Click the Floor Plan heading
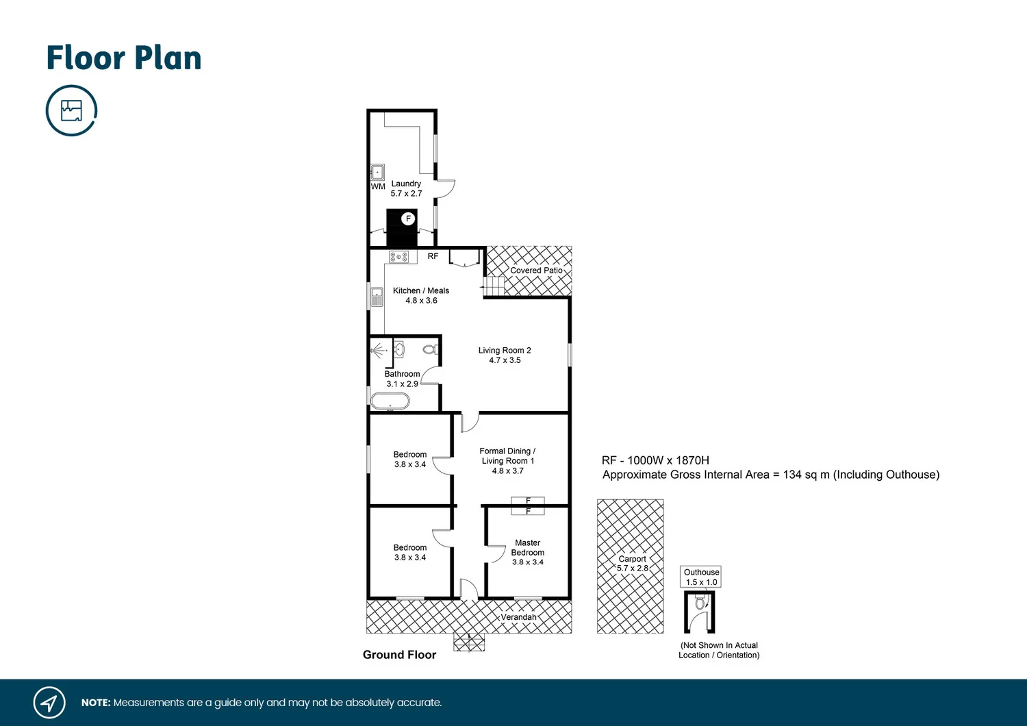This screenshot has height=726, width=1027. [x=124, y=58]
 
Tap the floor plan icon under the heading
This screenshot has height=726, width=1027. [x=71, y=110]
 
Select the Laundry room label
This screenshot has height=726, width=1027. [x=406, y=184]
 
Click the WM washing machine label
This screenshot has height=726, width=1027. [x=378, y=186]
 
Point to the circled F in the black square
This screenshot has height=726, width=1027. [x=408, y=218]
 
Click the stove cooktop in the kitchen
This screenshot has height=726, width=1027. [x=398, y=257]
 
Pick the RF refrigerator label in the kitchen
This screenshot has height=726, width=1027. [x=433, y=256]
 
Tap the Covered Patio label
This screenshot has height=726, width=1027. [x=536, y=271]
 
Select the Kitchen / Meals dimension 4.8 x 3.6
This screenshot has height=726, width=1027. [x=421, y=301]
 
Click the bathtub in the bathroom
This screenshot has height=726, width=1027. [x=390, y=401]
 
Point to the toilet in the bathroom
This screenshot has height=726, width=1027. [x=429, y=350]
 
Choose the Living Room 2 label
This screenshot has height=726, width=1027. [x=505, y=350]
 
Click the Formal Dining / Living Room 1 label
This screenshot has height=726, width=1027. [x=507, y=455]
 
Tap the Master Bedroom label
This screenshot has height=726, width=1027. [x=528, y=547]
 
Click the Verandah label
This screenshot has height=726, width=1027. [x=518, y=617]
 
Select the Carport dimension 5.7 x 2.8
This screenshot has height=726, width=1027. [x=633, y=568]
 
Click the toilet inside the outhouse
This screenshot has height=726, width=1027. [x=700, y=603]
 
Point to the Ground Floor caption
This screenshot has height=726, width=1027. [x=399, y=655]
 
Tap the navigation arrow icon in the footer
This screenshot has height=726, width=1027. [x=49, y=703]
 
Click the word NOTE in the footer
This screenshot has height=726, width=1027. [x=96, y=703]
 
